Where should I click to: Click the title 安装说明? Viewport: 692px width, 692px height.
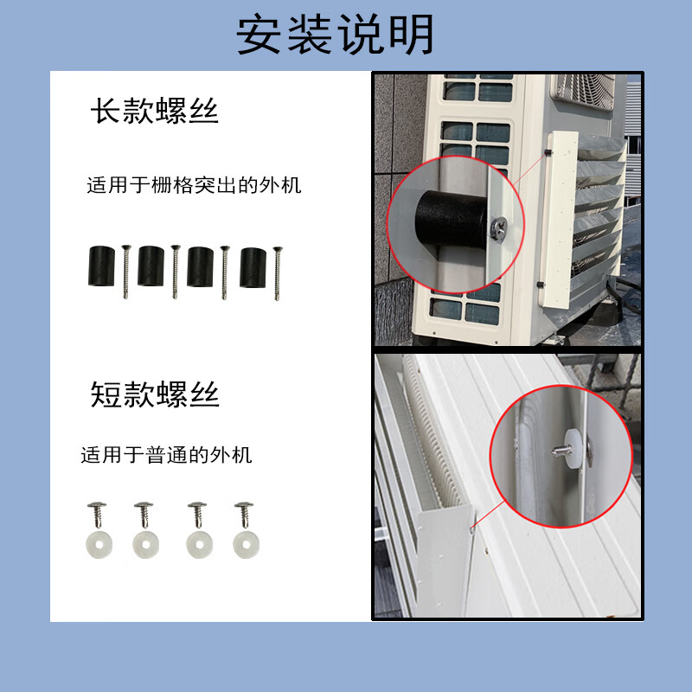[336, 35]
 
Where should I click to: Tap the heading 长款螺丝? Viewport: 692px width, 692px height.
[155, 111]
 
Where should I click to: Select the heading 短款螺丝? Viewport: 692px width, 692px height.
[155, 394]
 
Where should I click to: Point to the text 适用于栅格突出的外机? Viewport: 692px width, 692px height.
[194, 185]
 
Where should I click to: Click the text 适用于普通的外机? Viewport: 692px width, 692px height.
[166, 455]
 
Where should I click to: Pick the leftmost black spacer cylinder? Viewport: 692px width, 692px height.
[101, 266]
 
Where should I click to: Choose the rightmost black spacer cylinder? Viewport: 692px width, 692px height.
[253, 268]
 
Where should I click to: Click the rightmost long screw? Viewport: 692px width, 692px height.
[277, 273]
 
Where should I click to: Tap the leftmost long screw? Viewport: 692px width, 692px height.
[125, 272]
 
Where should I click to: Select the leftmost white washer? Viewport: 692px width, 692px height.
[99, 545]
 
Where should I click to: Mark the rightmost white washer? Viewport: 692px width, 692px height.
[247, 545]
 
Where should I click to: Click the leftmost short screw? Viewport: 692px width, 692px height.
[97, 515]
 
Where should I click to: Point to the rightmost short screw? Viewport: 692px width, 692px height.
[244, 515]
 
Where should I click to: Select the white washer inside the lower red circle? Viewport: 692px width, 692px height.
[573, 448]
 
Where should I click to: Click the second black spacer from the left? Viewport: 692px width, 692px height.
[151, 266]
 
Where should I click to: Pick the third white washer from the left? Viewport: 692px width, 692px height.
[200, 545]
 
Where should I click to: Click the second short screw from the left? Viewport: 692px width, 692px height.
[144, 515]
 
